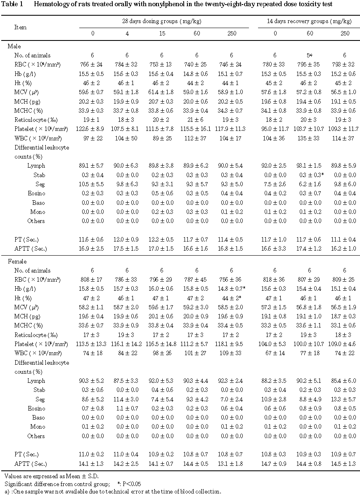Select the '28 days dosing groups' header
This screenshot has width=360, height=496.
[164, 21]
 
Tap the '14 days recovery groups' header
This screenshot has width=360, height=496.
[308, 21]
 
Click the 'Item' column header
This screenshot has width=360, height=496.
[21, 27]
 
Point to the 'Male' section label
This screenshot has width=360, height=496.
[14, 47]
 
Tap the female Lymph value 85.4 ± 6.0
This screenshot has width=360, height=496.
[345, 381]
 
